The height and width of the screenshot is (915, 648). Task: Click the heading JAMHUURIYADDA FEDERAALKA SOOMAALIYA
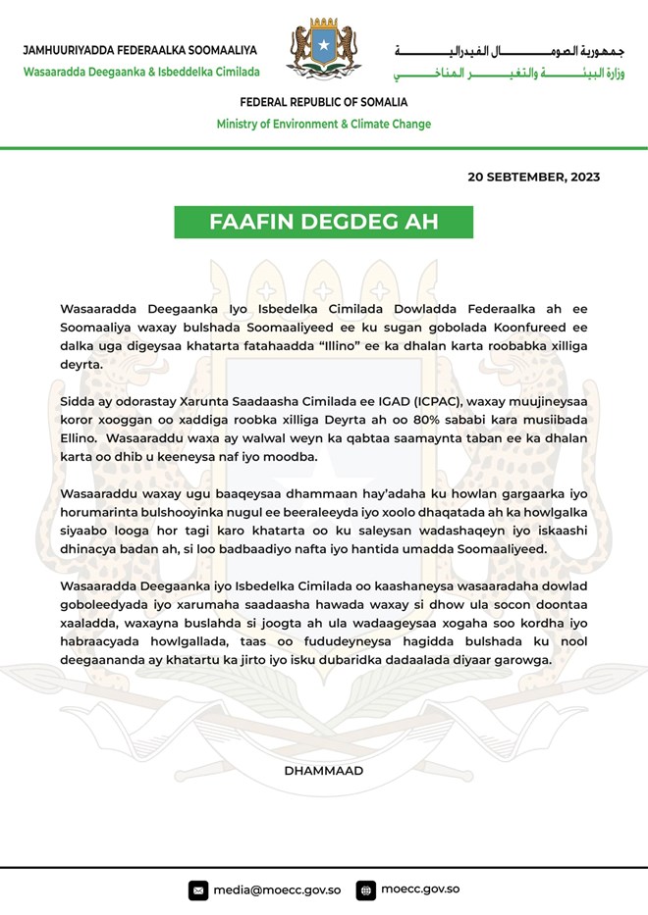coord(139,50)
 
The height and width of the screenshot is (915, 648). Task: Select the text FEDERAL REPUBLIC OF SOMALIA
coord(324,103)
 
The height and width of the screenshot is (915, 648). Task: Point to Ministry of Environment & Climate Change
coord(324,125)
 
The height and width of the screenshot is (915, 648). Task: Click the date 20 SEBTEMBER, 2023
coord(533,178)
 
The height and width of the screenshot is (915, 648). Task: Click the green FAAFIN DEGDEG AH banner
coord(324,221)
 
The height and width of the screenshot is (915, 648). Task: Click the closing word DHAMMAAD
coord(324,771)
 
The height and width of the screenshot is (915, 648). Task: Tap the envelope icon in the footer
coord(198,890)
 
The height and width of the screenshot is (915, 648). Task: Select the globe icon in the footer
coord(366,890)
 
